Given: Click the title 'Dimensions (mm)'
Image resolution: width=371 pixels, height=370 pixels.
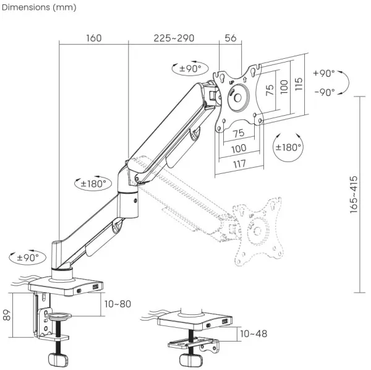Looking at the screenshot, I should click(x=38, y=7).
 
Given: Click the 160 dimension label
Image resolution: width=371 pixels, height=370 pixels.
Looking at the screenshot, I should click(x=93, y=38).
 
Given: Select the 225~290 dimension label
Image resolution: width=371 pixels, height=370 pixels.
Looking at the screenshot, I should click(x=174, y=38).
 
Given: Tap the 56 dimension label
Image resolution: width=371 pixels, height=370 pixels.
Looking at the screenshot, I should click(x=230, y=38).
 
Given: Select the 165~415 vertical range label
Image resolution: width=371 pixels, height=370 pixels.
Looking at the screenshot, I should click(x=354, y=194).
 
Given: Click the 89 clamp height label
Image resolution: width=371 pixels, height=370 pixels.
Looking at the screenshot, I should click(x=6, y=314).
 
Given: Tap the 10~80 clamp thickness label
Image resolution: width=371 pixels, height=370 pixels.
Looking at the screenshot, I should click(x=117, y=304).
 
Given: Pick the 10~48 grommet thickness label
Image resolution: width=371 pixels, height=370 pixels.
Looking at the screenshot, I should click(x=254, y=333).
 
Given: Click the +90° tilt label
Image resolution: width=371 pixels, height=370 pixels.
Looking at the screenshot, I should click(x=323, y=72).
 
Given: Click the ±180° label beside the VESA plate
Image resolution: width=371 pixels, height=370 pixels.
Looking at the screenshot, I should click(x=288, y=147).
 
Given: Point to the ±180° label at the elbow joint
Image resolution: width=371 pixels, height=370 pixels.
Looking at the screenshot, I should click(x=94, y=183).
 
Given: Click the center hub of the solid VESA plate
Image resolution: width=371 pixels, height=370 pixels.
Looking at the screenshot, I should click(x=237, y=98).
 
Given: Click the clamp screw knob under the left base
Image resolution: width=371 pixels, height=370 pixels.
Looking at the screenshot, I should click(x=58, y=359).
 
